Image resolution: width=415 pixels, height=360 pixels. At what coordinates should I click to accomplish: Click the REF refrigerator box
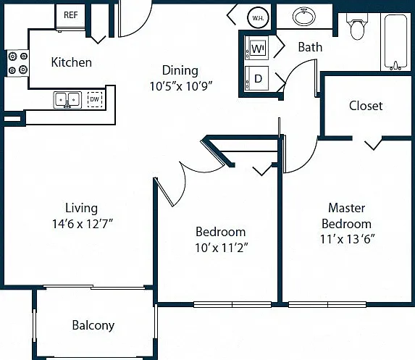pos(70,15)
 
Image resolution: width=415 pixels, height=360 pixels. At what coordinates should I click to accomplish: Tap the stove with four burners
pos(17,63)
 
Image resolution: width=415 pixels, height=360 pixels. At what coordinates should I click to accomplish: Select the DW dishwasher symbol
pos(95,99)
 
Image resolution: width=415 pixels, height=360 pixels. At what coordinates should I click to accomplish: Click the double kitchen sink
pos(67,100)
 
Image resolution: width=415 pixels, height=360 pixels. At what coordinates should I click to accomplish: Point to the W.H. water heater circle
pos(258,18)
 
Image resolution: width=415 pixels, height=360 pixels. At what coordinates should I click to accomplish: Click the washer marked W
pos(256,49)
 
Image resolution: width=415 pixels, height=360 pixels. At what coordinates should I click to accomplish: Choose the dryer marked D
pos(256,78)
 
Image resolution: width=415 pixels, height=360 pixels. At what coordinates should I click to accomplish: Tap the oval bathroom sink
pos(304,17)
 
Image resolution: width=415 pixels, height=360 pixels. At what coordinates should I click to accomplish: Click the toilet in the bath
pos(357,26)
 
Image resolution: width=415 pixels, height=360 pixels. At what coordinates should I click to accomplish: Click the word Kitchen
pos(72,62)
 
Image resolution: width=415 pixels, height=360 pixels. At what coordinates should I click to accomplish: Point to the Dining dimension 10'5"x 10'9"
pos(181,86)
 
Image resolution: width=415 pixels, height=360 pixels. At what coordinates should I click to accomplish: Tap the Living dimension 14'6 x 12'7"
pos(83,224)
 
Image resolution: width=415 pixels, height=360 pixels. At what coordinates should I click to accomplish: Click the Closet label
pos(366,106)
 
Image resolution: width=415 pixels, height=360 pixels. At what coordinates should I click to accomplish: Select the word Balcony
pos(93,325)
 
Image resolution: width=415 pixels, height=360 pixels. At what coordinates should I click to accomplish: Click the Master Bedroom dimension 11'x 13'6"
pos(348,239)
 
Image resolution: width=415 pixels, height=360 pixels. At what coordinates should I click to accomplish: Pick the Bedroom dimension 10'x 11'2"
pos(222,248)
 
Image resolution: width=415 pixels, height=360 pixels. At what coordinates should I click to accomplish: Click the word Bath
pos(310,47)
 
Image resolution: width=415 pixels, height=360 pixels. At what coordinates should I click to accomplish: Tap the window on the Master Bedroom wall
pos(327,304)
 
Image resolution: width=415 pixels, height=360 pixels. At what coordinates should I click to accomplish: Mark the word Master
pos(347,208)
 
